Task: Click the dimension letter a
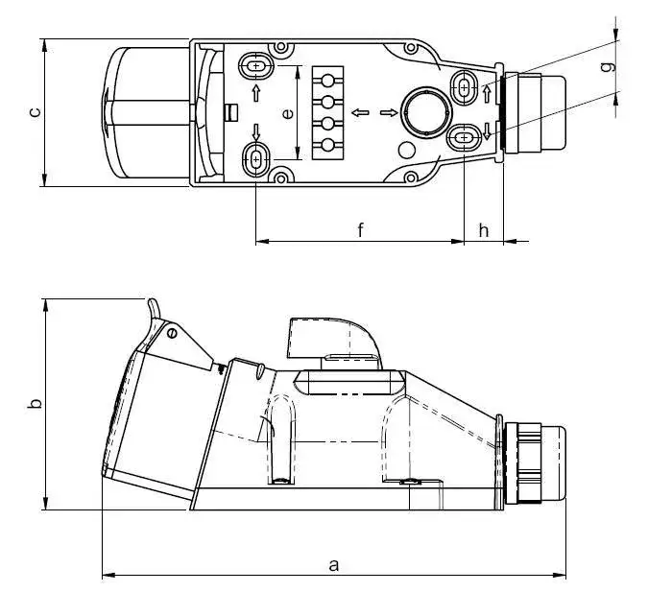tap(333, 565)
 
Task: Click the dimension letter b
tap(35, 403)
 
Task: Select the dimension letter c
tap(36, 112)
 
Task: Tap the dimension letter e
tap(288, 113)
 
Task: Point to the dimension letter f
tap(360, 229)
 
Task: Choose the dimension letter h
tap(484, 230)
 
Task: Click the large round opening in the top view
tap(426, 112)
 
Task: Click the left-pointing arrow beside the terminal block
tap(360, 112)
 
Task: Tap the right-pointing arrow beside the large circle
tap(389, 112)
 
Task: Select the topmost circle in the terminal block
tap(327, 81)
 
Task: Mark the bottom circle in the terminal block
tap(327, 145)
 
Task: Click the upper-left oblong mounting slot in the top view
tap(256, 65)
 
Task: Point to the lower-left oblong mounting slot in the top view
tap(256, 159)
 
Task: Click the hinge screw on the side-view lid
tap(172, 333)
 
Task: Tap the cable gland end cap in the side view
tap(553, 462)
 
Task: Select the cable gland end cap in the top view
tap(553, 112)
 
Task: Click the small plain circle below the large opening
tap(407, 151)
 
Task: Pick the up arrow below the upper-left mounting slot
tap(256, 93)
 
